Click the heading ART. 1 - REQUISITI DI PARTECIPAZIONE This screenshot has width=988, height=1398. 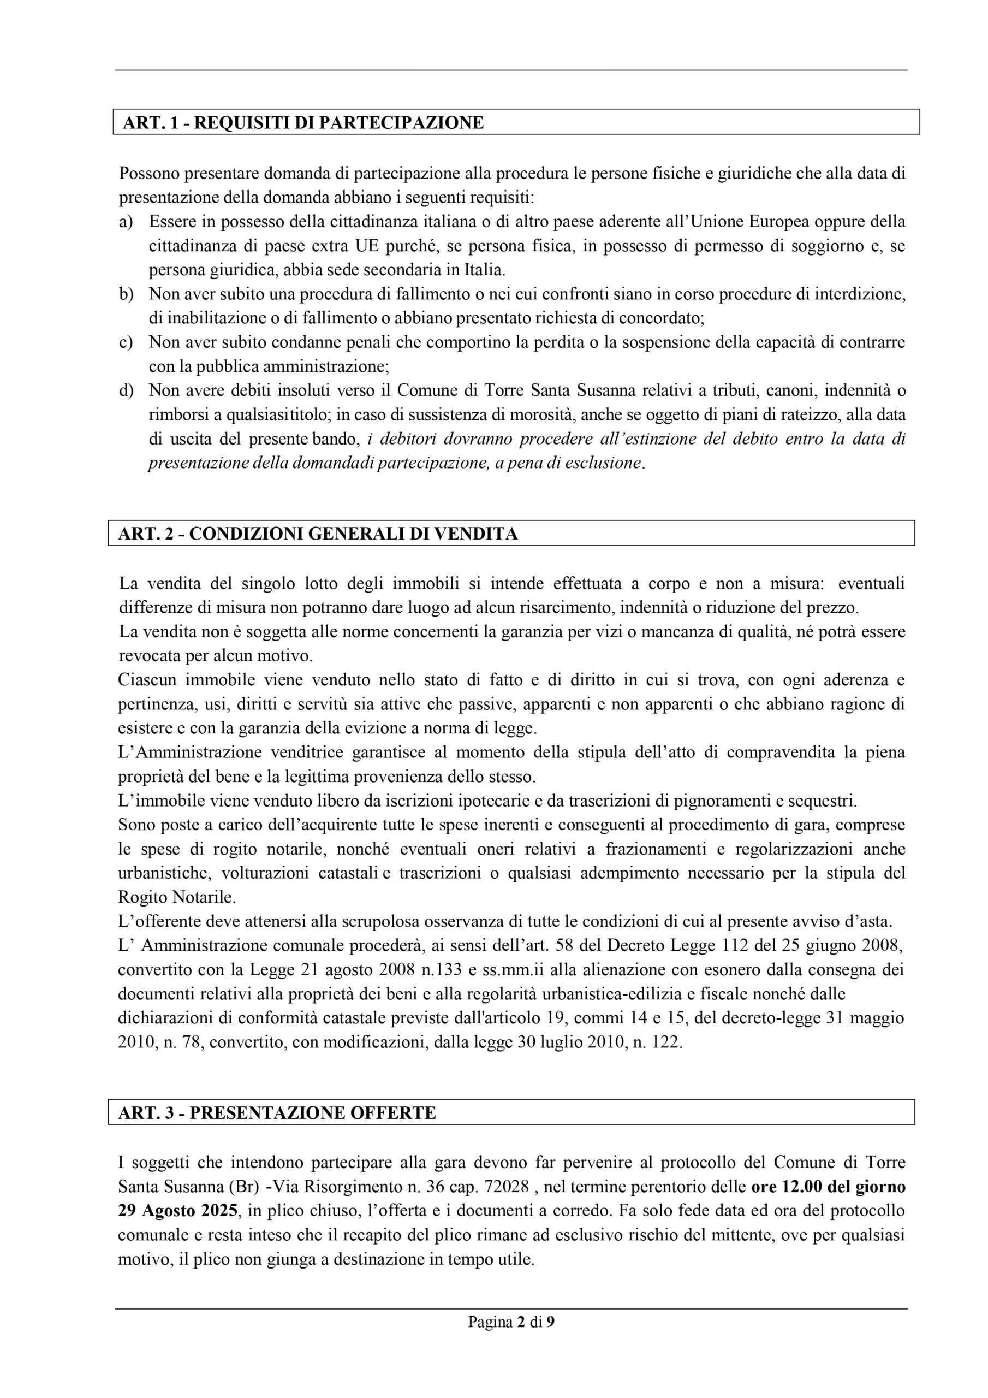pyautogui.click(x=302, y=122)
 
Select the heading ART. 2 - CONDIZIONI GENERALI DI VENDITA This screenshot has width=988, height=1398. pyautogui.click(x=317, y=534)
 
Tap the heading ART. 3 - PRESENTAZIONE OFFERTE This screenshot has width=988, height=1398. pyautogui.click(x=277, y=1112)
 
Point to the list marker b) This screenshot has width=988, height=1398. pyautogui.click(x=126, y=294)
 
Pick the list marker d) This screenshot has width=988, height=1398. pyautogui.click(x=126, y=390)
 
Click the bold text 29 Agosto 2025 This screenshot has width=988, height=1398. pyautogui.click(x=177, y=1211)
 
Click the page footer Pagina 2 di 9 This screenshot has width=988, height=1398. pyautogui.click(x=511, y=1322)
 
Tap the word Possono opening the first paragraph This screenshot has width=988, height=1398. pyautogui.click(x=148, y=174)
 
